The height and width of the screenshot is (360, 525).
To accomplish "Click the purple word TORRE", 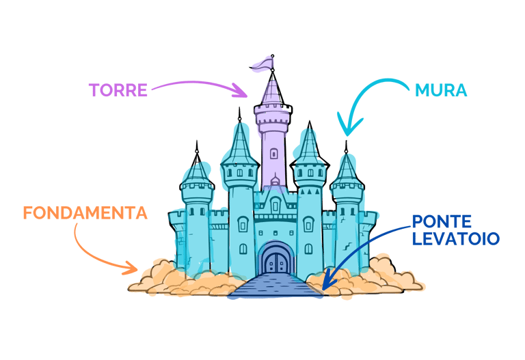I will point(118,89).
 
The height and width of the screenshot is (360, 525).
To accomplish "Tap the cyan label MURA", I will point(440,89).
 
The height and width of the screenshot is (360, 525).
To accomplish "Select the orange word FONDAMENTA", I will point(85,212).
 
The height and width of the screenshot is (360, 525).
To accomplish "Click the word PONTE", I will point(442,223).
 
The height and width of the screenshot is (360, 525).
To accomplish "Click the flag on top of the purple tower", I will point(262,65).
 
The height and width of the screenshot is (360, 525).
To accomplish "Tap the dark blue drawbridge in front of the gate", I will point(273,288).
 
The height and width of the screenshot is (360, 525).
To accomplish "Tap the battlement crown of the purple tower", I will point(272,111).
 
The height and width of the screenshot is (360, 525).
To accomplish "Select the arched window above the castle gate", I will point(275,205).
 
